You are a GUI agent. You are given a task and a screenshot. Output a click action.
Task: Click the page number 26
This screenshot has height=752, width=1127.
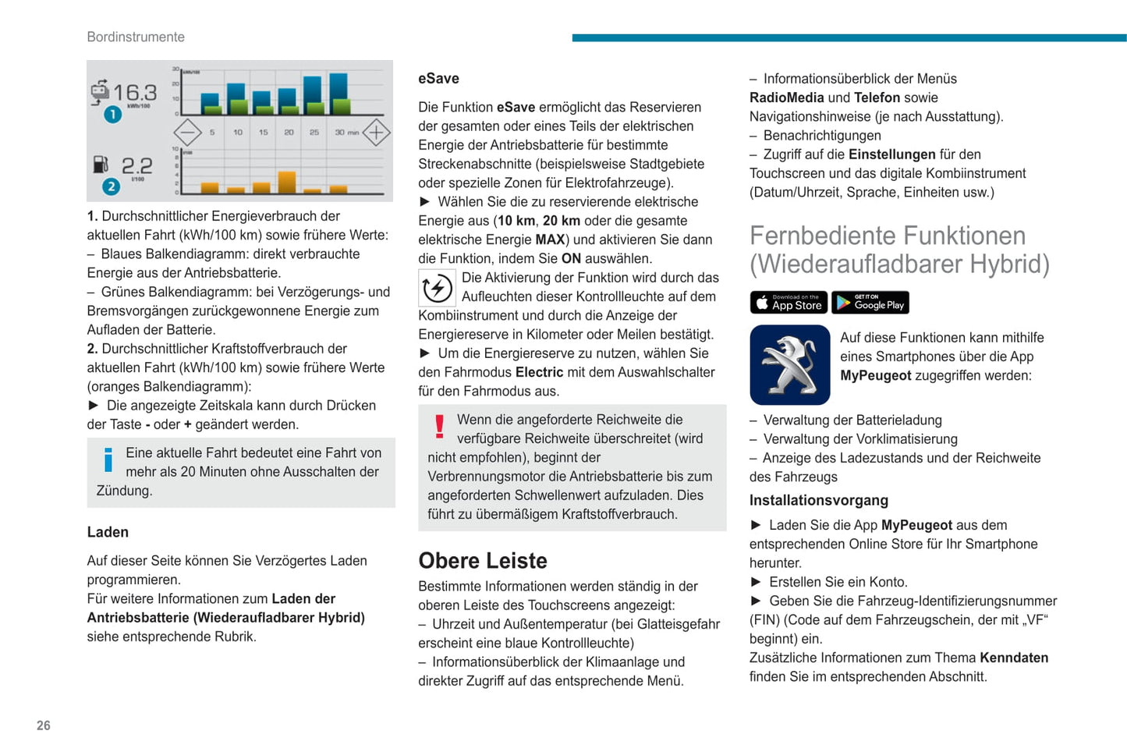click(x=44, y=725)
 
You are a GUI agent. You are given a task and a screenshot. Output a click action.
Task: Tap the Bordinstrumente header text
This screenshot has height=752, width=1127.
click(x=136, y=37)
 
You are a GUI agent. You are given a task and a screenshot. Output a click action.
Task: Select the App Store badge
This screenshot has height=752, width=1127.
click(x=789, y=303)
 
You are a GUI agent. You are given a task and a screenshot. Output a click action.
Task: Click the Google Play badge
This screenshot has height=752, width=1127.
click(x=870, y=303)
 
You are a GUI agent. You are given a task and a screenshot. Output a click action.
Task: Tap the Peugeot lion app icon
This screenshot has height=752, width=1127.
click(x=789, y=365)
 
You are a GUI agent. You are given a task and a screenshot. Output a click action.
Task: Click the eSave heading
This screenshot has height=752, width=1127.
click(x=438, y=79)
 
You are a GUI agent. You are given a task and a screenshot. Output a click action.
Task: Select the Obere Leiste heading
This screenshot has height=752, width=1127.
click(x=483, y=560)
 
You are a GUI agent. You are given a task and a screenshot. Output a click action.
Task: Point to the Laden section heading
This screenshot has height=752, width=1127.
click(x=108, y=532)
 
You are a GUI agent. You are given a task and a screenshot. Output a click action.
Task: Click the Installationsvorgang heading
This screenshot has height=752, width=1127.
click(x=818, y=500)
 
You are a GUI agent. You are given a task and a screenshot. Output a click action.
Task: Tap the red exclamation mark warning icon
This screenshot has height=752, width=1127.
click(x=440, y=426)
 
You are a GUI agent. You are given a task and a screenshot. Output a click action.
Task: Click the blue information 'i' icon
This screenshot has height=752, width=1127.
click(x=108, y=459)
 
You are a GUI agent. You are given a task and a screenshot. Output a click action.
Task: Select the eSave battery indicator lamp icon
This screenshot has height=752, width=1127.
click(x=438, y=288)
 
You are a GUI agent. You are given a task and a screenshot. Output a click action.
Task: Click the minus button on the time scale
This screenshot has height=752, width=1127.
click(x=187, y=133)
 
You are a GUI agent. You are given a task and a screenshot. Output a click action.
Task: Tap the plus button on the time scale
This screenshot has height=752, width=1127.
click(x=376, y=133)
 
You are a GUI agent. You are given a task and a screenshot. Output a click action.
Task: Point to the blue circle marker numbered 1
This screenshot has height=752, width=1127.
click(x=113, y=115)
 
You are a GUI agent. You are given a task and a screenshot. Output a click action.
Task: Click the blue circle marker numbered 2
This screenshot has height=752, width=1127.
click(x=112, y=186)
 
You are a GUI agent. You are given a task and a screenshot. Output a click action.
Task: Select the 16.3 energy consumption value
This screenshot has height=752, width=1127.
click(x=135, y=94)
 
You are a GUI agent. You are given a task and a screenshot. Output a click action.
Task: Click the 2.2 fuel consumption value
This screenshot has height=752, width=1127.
click(x=136, y=165)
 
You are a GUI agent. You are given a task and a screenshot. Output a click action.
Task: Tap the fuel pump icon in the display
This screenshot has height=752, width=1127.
click(x=101, y=165)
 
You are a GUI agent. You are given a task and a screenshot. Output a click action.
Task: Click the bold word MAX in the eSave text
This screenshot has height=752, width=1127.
click(x=550, y=239)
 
